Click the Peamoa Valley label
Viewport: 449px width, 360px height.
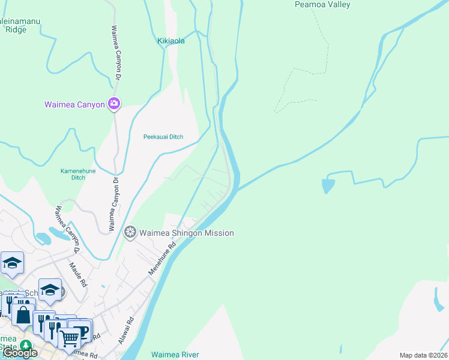[322, 5]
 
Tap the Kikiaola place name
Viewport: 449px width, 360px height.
[171, 41]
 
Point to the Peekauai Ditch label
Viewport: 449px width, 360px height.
[163, 137]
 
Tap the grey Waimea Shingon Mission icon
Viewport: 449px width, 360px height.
[130, 232]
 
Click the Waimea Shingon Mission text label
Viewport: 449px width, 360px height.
[187, 233]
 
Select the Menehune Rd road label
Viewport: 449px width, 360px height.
[163, 258]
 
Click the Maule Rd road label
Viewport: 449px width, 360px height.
[79, 274]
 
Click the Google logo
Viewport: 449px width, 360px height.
[20, 353]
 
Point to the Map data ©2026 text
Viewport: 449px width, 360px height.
[423, 355]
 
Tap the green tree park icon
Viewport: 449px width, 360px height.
[25, 346]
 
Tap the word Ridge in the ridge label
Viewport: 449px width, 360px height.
[16, 29]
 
